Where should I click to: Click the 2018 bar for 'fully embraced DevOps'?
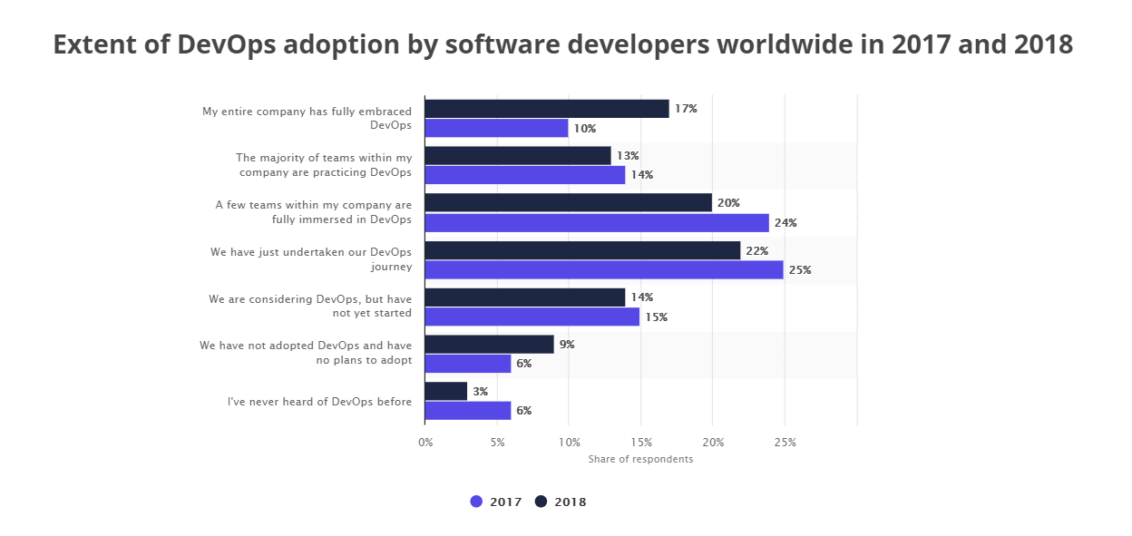click(547, 109)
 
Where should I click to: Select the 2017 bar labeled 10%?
click(496, 129)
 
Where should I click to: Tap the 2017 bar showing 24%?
click(597, 223)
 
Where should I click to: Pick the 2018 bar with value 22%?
click(582, 250)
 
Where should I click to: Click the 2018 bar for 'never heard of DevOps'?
click(446, 391)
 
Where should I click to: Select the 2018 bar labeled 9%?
click(489, 345)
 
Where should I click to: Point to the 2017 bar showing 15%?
click(532, 317)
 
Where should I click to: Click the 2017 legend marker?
click(477, 502)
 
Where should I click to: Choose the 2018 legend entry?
click(561, 502)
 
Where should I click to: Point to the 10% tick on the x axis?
click(569, 443)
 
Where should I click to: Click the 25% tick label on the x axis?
click(785, 443)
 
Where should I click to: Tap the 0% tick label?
click(425, 443)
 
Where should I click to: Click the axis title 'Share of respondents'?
click(640, 459)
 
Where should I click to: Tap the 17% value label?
click(686, 109)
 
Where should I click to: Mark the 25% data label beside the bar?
click(800, 270)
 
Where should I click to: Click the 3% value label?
click(481, 392)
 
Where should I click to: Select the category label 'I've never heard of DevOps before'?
click(319, 402)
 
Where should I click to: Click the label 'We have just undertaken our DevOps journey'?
click(311, 259)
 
